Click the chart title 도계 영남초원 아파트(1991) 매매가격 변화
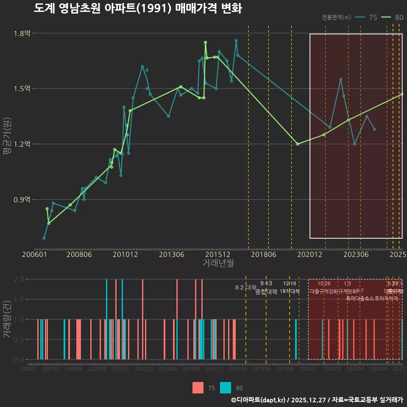138,9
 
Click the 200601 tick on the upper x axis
34,255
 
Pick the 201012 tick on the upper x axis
125,255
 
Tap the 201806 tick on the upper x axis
264,255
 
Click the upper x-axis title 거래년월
218,263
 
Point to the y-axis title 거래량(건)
7,319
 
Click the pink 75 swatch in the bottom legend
198,387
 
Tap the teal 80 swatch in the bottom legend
226,387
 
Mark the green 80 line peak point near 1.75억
205,42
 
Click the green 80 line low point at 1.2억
298,144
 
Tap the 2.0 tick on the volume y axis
19,279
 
